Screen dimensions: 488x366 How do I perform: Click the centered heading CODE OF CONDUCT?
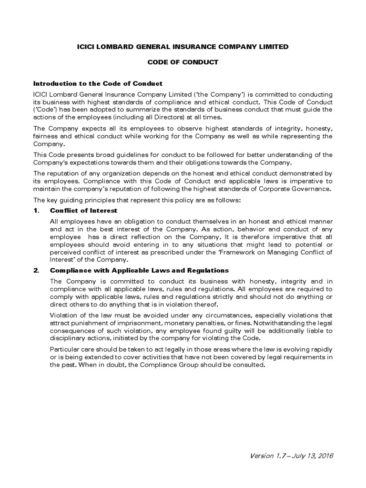(183, 62)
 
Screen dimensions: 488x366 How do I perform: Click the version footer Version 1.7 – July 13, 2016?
(291, 456)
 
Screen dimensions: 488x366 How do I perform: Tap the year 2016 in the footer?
(324, 456)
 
